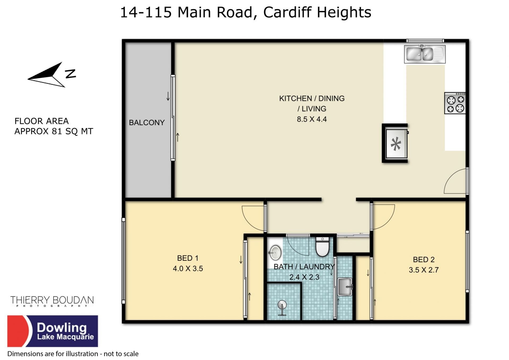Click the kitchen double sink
click(x=425, y=54)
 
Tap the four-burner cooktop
click(x=455, y=103)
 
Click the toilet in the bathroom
click(x=322, y=246)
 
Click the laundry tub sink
click(x=345, y=287)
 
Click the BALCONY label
click(x=147, y=123)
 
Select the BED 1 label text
click(x=188, y=258)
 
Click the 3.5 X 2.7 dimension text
click(x=424, y=270)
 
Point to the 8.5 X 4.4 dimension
click(x=312, y=119)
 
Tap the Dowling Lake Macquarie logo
click(x=52, y=331)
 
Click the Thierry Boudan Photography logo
click(x=52, y=301)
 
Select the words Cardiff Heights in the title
click(x=317, y=12)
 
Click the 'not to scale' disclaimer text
click(x=121, y=354)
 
